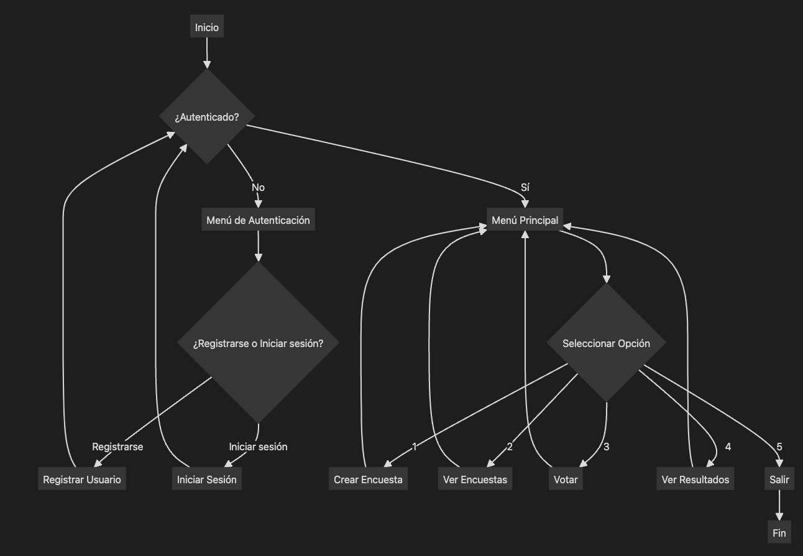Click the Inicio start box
click(207, 26)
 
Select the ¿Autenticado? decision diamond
click(207, 116)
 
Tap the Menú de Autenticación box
click(258, 219)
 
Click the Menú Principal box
click(525, 219)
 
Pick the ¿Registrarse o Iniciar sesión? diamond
click(258, 343)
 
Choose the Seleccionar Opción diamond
click(606, 343)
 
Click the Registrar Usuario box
click(82, 478)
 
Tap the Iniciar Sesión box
click(207, 478)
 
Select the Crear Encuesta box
click(368, 478)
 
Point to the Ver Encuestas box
click(475, 478)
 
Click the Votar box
click(566, 478)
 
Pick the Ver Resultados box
click(695, 478)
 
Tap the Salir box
click(779, 478)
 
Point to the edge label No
click(258, 187)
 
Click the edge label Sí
click(525, 187)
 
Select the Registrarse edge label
click(117, 447)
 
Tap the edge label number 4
click(728, 447)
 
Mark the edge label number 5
click(779, 447)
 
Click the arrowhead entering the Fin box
click(779, 517)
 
